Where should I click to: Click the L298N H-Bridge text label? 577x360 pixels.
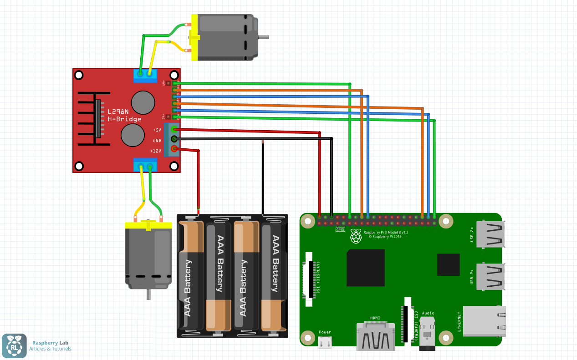pos(124,115)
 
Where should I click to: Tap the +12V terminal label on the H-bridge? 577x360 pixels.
pos(155,151)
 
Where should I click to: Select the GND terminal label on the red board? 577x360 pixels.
pos(157,140)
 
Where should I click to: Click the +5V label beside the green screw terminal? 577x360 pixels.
pos(157,130)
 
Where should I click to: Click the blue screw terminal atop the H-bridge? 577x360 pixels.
pos(145,76)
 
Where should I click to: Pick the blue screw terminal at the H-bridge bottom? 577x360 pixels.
pos(145,164)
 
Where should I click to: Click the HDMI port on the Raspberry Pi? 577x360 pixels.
pos(375,337)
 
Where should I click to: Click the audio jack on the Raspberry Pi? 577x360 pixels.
pos(427,335)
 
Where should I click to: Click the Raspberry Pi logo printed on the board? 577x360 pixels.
pos(356,236)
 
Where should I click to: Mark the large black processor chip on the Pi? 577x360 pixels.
pos(365,268)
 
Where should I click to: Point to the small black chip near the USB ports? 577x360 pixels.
pos(449,265)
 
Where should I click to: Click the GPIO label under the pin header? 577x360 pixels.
pos(340,230)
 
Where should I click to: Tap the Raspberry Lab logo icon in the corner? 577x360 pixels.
pos(14,346)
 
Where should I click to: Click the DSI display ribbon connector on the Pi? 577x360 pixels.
pos(311,280)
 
